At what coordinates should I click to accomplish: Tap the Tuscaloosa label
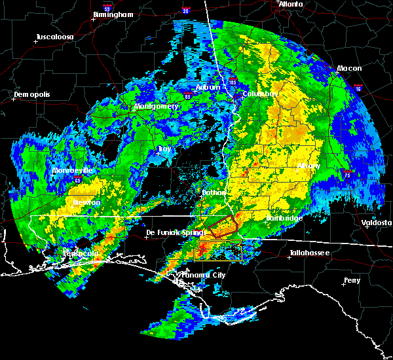pyautogui.click(x=54, y=36)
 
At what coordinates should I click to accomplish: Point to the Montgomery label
pyautogui.click(x=157, y=106)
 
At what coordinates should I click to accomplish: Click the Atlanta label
pyautogui.click(x=291, y=4)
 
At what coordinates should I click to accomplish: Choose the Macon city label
pyautogui.click(x=349, y=68)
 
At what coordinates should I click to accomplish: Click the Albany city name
pyautogui.click(x=309, y=166)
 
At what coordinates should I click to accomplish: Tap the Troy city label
pyautogui.click(x=164, y=149)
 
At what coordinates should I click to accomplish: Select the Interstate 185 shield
pyautogui.click(x=233, y=82)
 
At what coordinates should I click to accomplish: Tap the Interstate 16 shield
pyautogui.click(x=358, y=88)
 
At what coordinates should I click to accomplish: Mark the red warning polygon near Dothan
pyautogui.click(x=223, y=228)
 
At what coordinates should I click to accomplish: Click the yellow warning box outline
pyautogui.click(x=219, y=249)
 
